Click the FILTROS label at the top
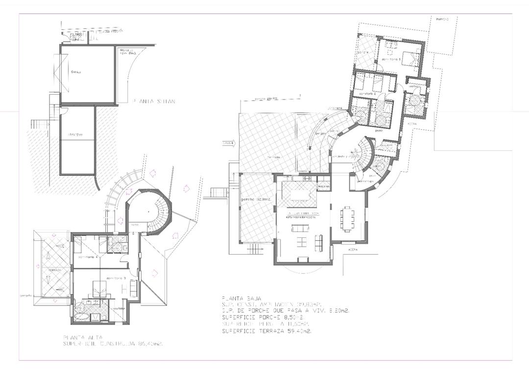[x=76, y=35]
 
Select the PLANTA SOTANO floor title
[x=154, y=102]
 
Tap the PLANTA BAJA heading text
[x=241, y=298]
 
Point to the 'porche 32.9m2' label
[x=257, y=200]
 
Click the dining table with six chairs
[x=348, y=219]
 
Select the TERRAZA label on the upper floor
[x=54, y=270]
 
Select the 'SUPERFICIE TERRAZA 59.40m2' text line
[x=267, y=331]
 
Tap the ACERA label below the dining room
[x=352, y=250]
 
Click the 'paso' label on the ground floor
[x=379, y=131]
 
